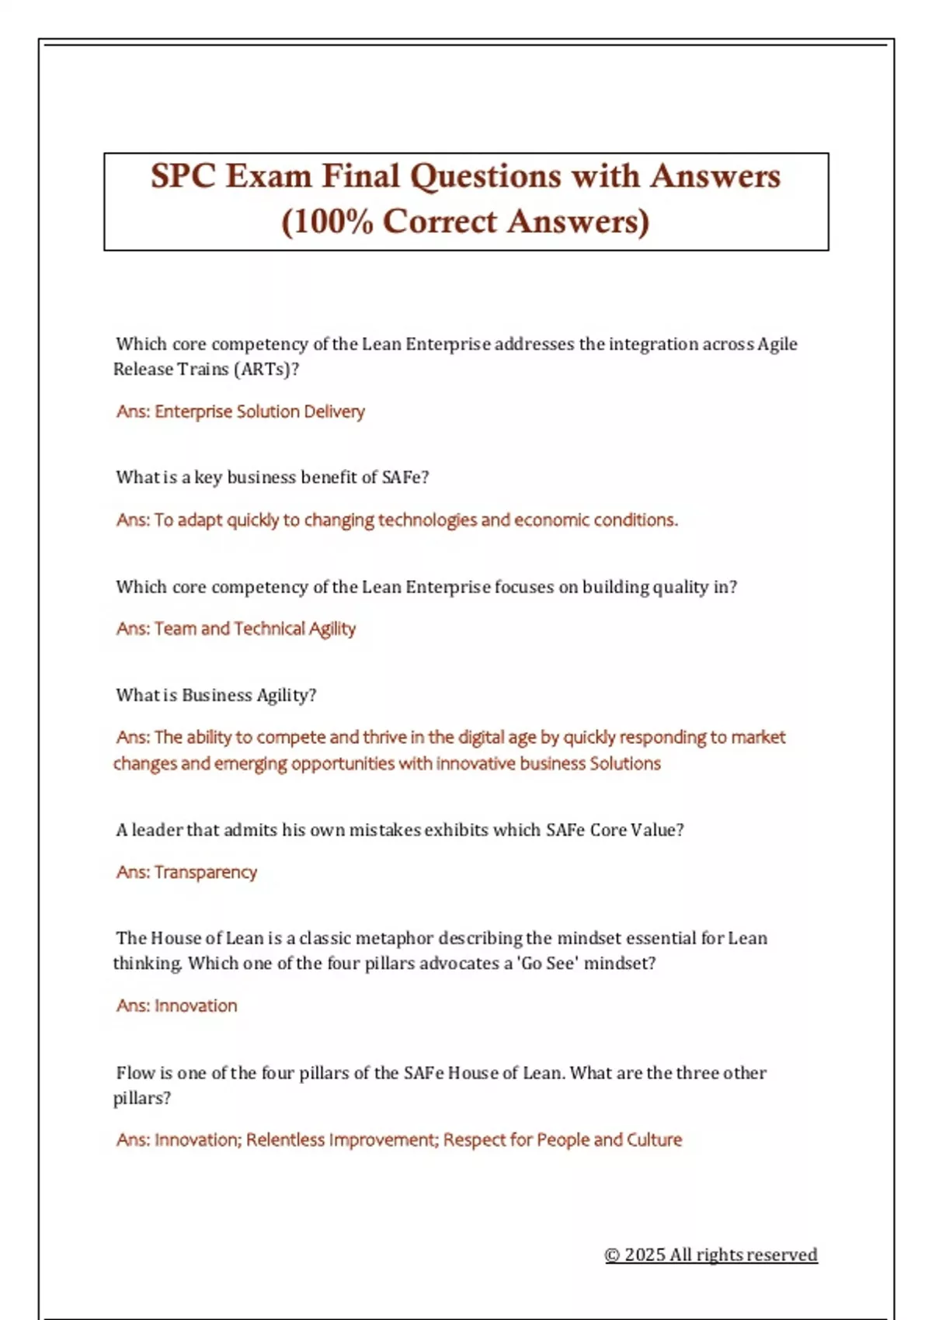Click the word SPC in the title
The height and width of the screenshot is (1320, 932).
click(x=183, y=176)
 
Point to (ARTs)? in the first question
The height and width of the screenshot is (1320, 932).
click(x=266, y=369)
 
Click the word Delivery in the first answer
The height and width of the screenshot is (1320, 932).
click(x=334, y=412)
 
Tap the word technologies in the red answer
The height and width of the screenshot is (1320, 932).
click(x=427, y=520)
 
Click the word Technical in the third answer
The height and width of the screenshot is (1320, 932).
click(x=270, y=629)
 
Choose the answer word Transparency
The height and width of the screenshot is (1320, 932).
click(x=206, y=873)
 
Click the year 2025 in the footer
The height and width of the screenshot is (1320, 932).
click(x=645, y=1255)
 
